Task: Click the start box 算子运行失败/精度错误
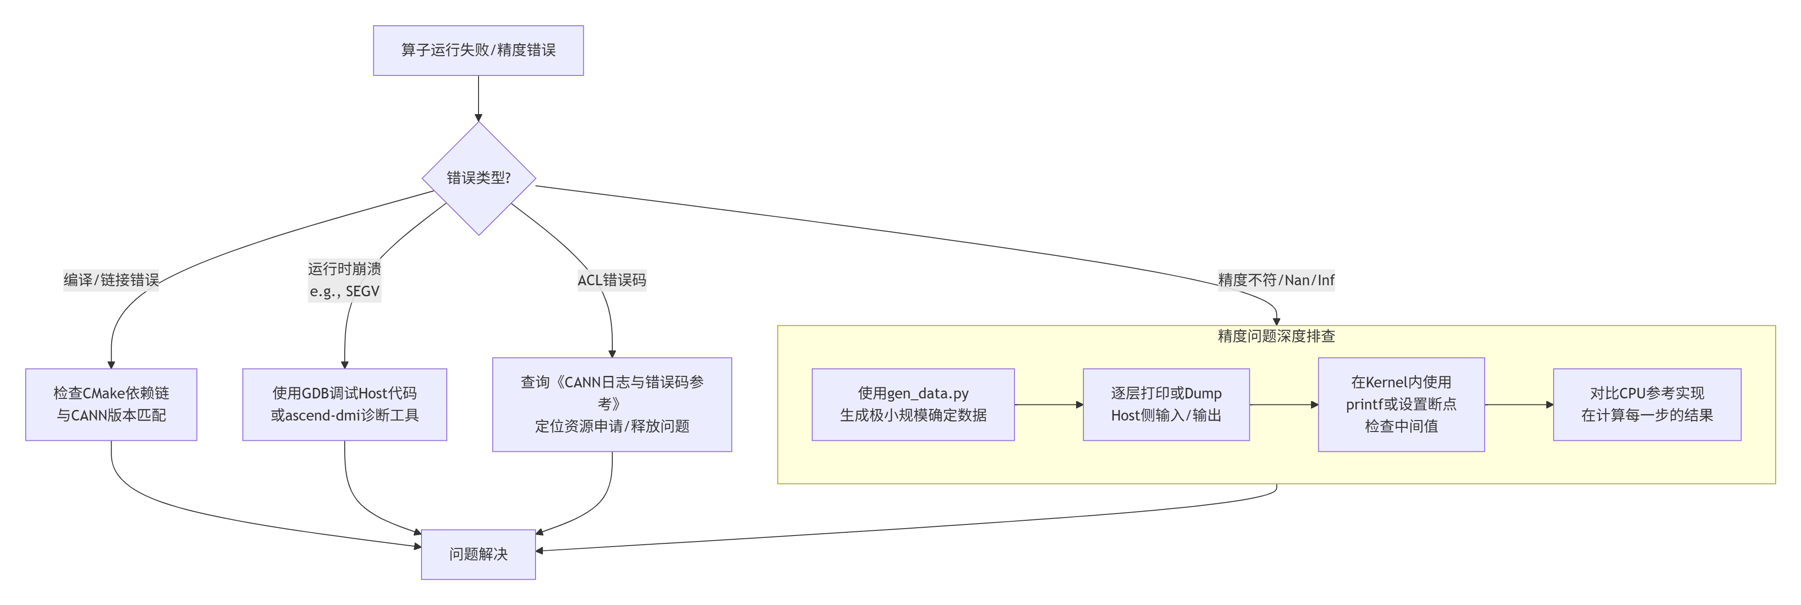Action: (478, 50)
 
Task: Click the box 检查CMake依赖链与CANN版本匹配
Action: (111, 404)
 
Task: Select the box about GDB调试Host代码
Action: (345, 404)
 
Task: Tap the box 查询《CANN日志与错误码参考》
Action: (612, 404)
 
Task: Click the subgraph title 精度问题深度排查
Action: (1276, 336)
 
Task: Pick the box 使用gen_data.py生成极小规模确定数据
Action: (913, 404)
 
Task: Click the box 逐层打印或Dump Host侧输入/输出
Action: (1166, 404)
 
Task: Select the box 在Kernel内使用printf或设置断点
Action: (1401, 404)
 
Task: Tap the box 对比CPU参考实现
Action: (1647, 404)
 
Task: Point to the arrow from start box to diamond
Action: (478, 98)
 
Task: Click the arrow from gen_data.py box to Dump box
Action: (1049, 405)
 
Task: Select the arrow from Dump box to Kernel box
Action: (1283, 405)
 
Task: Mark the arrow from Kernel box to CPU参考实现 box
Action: (1519, 405)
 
